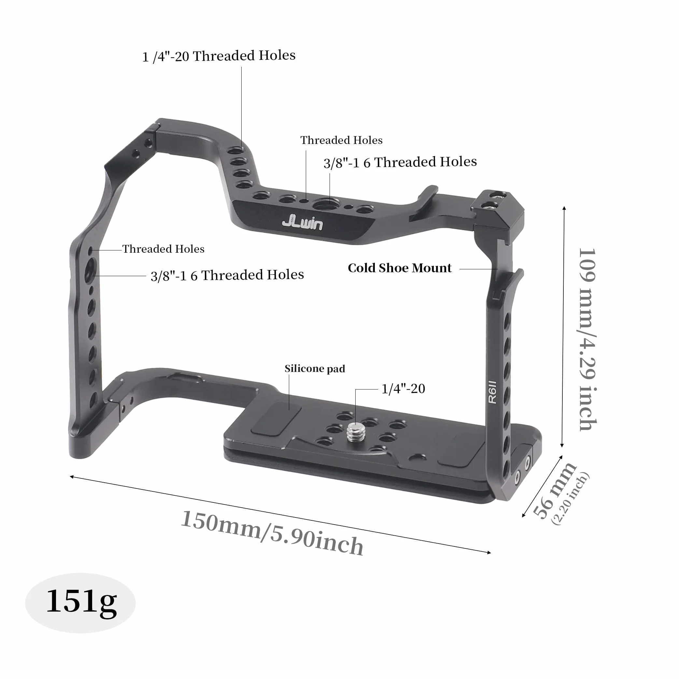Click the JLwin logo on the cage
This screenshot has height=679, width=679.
coord(303,223)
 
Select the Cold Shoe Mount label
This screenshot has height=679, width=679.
coord(400,268)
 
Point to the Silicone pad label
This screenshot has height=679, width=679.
coord(315,369)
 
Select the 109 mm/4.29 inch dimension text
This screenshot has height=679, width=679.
coord(587,339)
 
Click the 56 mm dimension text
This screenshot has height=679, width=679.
coord(554,491)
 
